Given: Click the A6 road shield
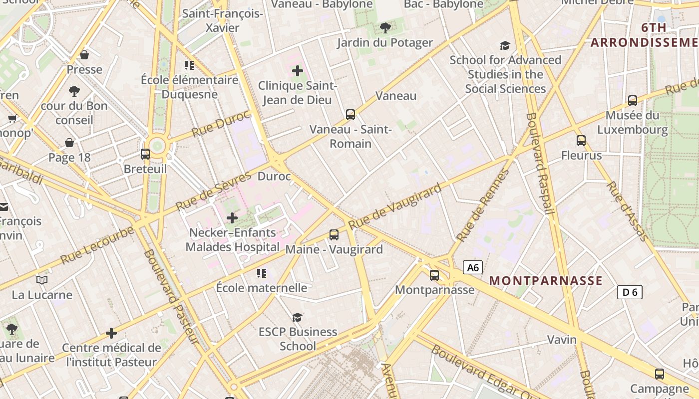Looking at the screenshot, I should pyautogui.click(x=473, y=268).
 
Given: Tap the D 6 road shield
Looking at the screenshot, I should pyautogui.click(x=630, y=292).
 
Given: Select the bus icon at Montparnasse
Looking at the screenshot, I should pyautogui.click(x=434, y=275).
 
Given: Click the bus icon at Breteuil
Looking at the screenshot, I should pyautogui.click(x=145, y=154).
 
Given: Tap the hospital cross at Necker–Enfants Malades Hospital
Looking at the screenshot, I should pyautogui.click(x=232, y=218).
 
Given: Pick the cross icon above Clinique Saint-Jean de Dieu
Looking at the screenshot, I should pyautogui.click(x=298, y=71).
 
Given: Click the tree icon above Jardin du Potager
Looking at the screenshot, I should pyautogui.click(x=385, y=27).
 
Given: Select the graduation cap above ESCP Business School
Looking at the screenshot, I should pyautogui.click(x=298, y=317).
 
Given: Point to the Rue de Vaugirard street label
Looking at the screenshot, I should pyautogui.click(x=395, y=206).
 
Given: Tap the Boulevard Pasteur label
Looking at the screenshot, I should pyautogui.click(x=171, y=296).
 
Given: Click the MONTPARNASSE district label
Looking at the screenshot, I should pyautogui.click(x=546, y=280).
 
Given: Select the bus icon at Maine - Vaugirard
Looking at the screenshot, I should pyautogui.click(x=334, y=234).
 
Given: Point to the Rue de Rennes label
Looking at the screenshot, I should pyautogui.click(x=483, y=205).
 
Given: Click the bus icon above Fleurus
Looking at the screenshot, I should pyautogui.click(x=581, y=141).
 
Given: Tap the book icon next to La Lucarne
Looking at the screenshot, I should pyautogui.click(x=42, y=280).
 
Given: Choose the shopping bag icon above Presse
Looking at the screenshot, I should pyautogui.click(x=84, y=55).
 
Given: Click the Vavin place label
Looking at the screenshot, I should pyautogui.click(x=562, y=340).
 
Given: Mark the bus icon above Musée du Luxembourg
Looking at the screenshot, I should pyautogui.click(x=633, y=101).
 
